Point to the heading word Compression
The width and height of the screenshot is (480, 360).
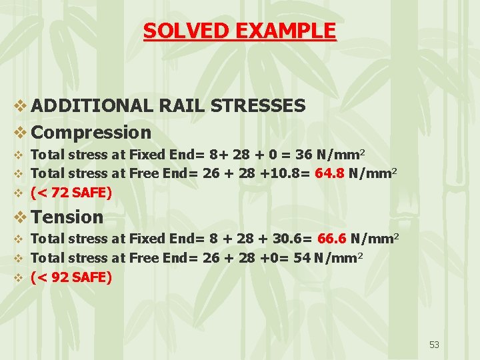tap(91, 133)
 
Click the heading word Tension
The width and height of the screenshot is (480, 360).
tap(67, 217)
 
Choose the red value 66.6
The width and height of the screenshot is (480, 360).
tap(331, 238)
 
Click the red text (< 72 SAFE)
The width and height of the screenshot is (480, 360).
tap(71, 193)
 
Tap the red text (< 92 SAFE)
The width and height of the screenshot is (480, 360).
tap(71, 277)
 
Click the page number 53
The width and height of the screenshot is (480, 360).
tap(435, 345)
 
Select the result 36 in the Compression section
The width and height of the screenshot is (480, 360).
tap(303, 155)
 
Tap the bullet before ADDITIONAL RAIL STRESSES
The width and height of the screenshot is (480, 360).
tap(20, 106)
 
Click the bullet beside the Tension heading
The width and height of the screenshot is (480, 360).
tap(20, 217)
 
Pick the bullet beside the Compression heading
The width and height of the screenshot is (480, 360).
tap(20, 133)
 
